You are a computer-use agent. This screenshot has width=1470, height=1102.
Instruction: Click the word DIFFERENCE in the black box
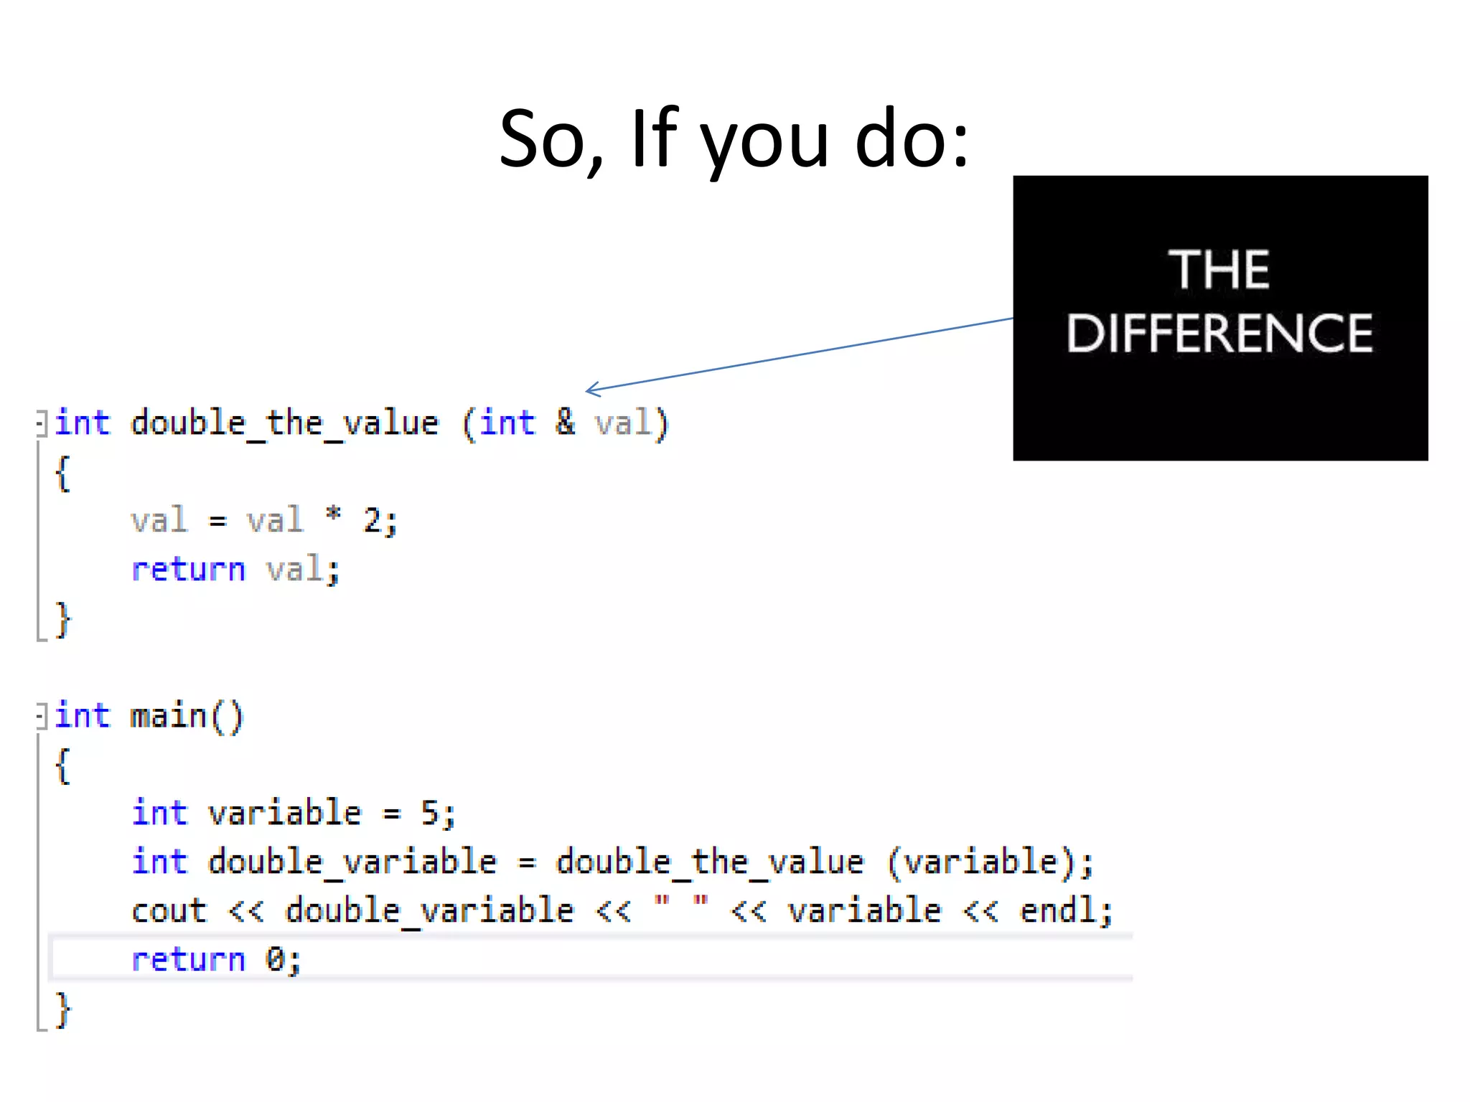tap(1219, 334)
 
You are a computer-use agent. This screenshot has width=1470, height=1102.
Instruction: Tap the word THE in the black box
tap(1219, 270)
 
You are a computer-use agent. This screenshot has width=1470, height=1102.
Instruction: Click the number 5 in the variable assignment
tap(429, 813)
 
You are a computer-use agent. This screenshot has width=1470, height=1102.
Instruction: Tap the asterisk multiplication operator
tap(333, 515)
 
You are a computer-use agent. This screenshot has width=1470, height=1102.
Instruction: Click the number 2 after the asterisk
tap(372, 519)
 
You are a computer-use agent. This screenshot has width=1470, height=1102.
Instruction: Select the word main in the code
tap(169, 716)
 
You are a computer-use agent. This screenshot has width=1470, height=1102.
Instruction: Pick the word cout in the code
tap(169, 911)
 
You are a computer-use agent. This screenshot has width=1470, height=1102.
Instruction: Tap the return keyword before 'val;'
tap(188, 570)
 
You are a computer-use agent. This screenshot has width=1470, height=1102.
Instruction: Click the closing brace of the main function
tap(63, 1009)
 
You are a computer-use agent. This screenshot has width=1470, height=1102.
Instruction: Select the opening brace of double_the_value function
tap(63, 473)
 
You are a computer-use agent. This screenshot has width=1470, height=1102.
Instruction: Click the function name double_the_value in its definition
tap(285, 423)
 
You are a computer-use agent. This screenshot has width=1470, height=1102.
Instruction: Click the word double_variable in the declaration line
tap(352, 862)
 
